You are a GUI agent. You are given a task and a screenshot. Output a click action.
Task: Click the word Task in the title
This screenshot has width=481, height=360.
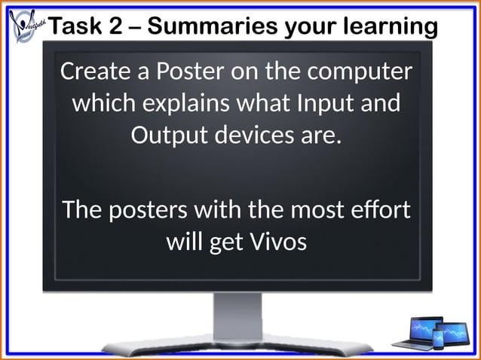coord(78,26)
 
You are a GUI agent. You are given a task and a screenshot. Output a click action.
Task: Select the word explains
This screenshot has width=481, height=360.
coord(188,103)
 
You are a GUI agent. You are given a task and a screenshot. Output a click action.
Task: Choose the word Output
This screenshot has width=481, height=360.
coord(165,136)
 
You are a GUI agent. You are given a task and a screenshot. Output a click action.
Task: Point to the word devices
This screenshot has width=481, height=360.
coord(256,136)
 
